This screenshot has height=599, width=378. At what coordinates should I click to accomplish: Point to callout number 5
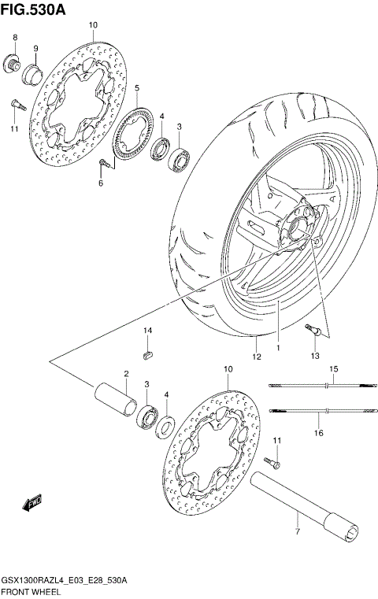136,88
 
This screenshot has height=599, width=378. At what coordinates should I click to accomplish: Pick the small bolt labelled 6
104,163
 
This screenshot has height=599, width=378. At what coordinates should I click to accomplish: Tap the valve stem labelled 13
313,334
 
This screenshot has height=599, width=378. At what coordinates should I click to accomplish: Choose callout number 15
333,369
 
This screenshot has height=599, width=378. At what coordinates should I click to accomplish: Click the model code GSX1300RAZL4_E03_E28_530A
65,580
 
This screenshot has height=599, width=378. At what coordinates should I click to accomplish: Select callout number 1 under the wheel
278,346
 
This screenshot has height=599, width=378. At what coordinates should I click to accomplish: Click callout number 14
147,330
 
